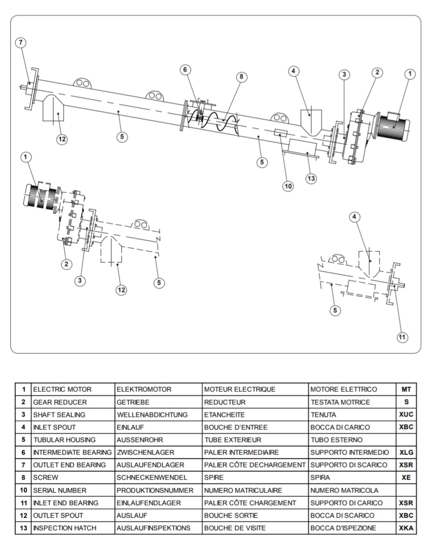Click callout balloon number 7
pos(21,42)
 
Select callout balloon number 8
pos(241,77)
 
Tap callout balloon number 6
pos(185,70)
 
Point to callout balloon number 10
pos(288,186)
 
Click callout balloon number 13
pos(311,178)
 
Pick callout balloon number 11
pos(402,337)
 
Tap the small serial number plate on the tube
pos(280,133)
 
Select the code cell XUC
pos(406,415)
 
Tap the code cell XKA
pos(406,528)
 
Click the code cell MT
pos(406,389)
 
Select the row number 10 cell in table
pos(23,490)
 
